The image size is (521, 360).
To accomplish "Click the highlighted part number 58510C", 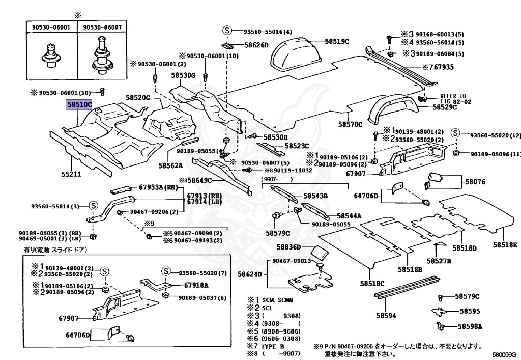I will click(x=77, y=105).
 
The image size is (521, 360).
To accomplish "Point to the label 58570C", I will click(x=350, y=124).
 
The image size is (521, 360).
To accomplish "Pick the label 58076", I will click(x=475, y=181).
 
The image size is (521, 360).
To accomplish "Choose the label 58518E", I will click(x=504, y=245).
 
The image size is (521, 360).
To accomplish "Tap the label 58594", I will click(x=385, y=315).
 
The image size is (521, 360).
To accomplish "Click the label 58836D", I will click(x=289, y=247).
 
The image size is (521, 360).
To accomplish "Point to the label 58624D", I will click(x=250, y=274).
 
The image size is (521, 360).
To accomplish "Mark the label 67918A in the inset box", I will click(x=196, y=285).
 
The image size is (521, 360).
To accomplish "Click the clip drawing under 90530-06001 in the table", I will click(x=51, y=54).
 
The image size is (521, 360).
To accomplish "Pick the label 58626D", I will click(x=256, y=45).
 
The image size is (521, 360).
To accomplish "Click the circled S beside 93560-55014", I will click(x=93, y=206).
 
